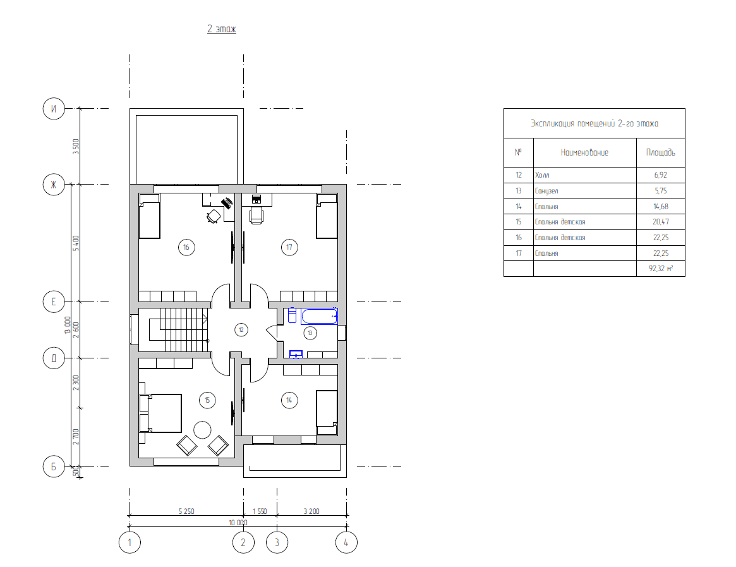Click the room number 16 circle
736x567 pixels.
point(186,247)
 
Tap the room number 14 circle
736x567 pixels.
point(289,400)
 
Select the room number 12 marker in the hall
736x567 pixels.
point(241,330)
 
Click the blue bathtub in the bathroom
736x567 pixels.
point(319,316)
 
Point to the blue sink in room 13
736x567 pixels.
point(296,354)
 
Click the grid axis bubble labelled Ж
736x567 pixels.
point(54,184)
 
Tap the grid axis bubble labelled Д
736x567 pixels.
point(54,358)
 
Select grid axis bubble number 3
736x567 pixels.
point(277,542)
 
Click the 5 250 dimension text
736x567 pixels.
point(186,511)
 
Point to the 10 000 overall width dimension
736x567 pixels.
point(238,522)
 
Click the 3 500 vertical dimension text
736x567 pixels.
point(76,146)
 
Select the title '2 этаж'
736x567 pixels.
point(222,29)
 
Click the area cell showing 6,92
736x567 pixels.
point(660,174)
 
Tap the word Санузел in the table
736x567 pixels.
point(546,191)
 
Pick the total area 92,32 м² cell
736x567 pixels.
point(660,269)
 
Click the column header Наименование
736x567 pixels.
point(584,152)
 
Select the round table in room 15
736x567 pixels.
point(202,430)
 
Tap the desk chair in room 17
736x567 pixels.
point(256,215)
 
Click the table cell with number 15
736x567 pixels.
point(519,222)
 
